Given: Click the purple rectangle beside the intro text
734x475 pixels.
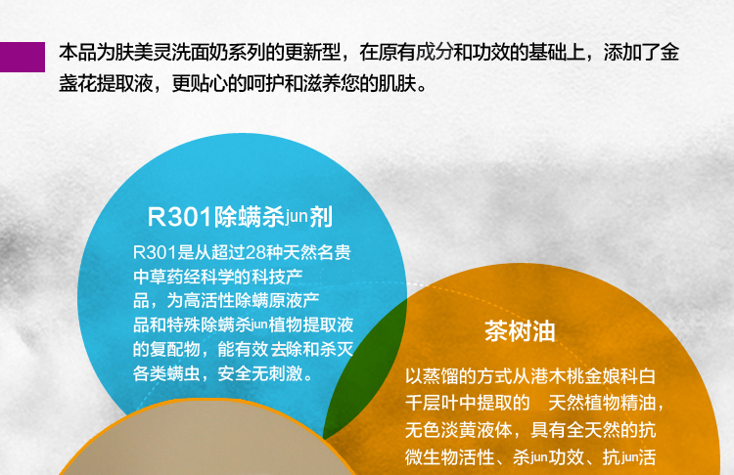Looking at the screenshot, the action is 23,57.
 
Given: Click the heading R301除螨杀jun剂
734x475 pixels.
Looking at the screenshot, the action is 240,217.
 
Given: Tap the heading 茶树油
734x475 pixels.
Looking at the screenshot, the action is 520,331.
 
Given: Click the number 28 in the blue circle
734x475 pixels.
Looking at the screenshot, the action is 255,252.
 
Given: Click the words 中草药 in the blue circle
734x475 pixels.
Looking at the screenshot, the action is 159,277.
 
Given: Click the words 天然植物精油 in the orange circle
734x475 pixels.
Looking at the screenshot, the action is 602,403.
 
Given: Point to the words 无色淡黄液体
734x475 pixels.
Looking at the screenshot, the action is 459,430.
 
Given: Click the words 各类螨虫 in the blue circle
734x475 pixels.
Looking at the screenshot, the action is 166,373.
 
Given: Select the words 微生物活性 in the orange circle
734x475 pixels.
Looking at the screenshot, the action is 450,457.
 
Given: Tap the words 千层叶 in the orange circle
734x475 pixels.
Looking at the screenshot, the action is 432,403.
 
